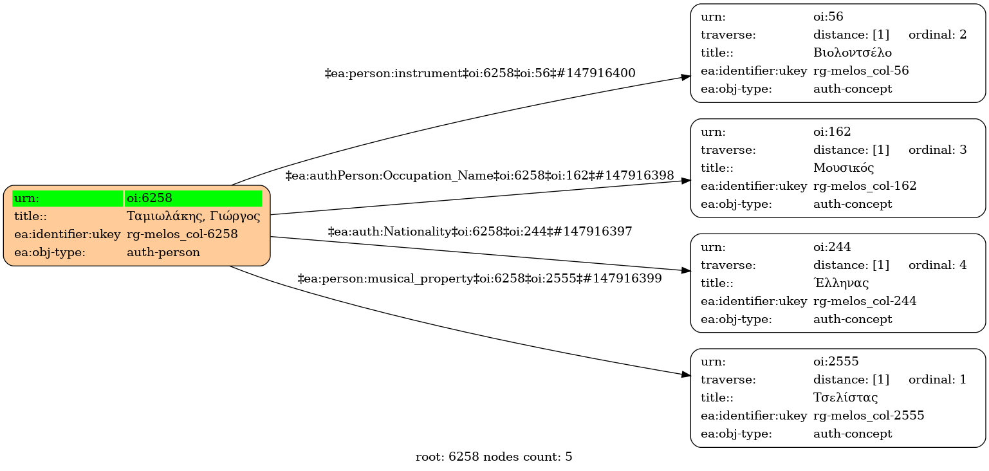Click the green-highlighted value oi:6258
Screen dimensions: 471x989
pos(193,198)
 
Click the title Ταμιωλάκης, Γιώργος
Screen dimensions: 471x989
pos(193,216)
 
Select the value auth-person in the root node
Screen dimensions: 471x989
pos(163,252)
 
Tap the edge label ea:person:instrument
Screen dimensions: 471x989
pos(480,73)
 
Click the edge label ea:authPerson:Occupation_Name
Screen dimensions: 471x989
pos(479,175)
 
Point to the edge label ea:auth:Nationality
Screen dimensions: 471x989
pos(480,231)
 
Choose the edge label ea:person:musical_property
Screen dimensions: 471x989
pos(479,279)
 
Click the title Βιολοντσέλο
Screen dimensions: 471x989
pos(852,53)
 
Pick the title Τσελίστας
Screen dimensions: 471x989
pos(846,398)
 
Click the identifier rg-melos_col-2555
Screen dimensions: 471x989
pos(869,416)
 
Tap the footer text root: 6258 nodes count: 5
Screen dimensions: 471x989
pos(494,457)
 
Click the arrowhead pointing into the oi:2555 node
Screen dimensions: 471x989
pos(686,374)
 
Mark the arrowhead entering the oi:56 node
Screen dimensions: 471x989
pos(686,77)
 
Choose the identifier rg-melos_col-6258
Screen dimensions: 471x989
pos(182,234)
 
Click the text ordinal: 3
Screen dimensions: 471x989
pos(937,150)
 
